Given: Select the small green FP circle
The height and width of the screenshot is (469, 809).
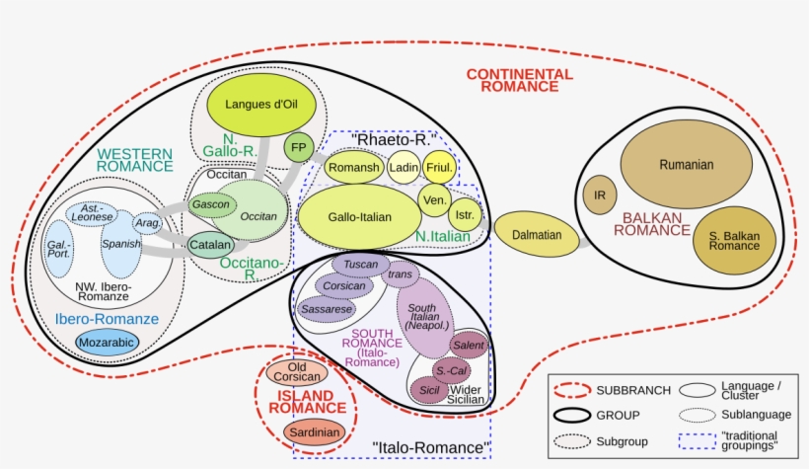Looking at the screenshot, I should point(297,149).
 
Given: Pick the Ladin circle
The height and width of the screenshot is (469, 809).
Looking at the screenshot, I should point(404,168).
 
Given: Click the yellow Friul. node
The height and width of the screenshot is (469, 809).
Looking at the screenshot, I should point(440,168).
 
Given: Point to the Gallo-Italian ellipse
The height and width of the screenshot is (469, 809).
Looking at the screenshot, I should point(359,217).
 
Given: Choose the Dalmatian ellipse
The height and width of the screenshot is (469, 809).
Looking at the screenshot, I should point(537,235).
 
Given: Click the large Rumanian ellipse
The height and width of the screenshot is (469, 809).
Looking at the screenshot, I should point(686,165).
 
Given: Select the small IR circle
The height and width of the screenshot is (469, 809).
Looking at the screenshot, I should point(598,195).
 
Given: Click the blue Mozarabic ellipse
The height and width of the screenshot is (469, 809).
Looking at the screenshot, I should point(108,342).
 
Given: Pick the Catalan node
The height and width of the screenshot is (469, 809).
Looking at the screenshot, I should point(210,244).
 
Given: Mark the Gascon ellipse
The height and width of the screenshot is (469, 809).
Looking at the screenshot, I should point(210,204).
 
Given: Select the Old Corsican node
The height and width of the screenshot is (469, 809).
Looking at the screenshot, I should point(297,370).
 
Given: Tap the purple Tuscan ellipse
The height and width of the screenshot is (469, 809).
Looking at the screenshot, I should point(361,265).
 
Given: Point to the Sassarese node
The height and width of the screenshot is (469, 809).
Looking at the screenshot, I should point(327,309).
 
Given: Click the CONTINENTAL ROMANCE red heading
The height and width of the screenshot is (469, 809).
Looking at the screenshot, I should point(519,80).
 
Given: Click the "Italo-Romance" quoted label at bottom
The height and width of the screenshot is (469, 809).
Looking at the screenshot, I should point(432,448).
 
